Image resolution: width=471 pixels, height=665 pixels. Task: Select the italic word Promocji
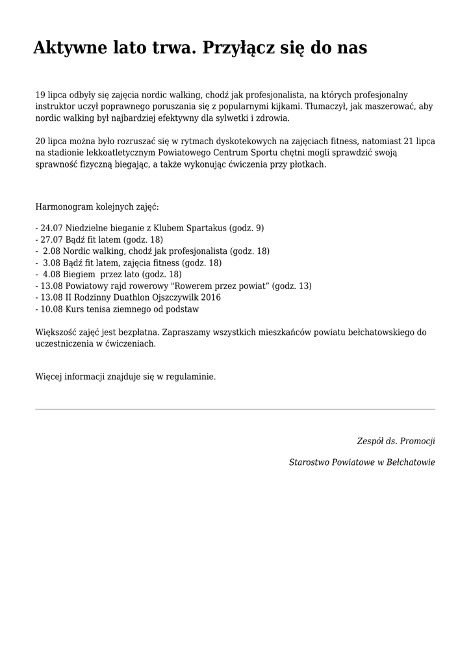(x=418, y=441)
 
